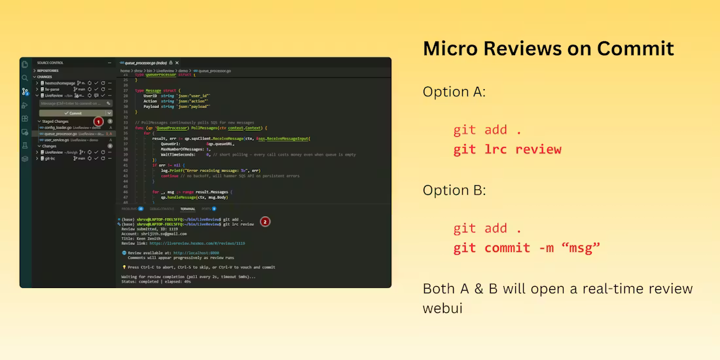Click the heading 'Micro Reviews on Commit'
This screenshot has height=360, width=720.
click(548, 49)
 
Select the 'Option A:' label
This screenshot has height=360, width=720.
click(454, 92)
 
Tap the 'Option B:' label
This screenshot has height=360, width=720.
click(454, 190)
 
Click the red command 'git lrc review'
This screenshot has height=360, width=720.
click(507, 149)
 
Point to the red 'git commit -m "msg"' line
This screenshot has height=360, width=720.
click(527, 248)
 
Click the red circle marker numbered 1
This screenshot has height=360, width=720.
click(98, 122)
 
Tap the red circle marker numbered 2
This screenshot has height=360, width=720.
click(265, 222)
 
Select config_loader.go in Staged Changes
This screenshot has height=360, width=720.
click(61, 128)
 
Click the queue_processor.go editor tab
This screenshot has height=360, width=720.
click(143, 63)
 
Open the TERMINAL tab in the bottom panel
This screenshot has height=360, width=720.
click(188, 209)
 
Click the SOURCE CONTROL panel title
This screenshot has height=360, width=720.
click(50, 63)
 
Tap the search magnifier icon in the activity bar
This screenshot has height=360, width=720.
click(25, 78)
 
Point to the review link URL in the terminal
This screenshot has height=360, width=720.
click(197, 243)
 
